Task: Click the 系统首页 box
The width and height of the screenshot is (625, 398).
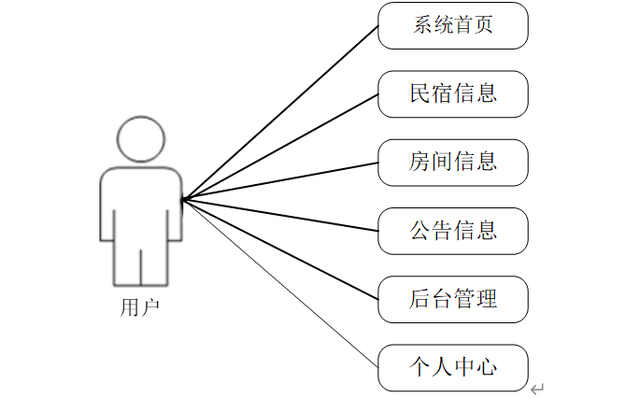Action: coord(453,25)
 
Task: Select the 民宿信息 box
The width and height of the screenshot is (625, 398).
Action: coord(453,93)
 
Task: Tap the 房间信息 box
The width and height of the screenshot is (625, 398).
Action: coord(453,162)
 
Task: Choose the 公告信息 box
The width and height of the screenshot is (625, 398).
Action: coord(453,230)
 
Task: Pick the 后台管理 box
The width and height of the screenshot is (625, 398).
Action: coord(453,299)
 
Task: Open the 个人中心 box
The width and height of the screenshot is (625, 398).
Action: coord(453,367)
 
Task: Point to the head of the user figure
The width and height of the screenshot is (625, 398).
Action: coord(140,139)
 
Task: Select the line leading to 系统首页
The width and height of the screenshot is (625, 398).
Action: coord(280,111)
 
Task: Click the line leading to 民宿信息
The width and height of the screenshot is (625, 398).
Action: coord(280,146)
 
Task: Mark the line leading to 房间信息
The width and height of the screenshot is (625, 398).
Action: coord(280,180)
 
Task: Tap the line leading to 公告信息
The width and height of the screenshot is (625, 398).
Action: coord(280,214)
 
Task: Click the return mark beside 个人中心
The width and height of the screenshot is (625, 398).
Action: coord(537,388)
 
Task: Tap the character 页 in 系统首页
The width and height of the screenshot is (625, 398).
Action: coord(484,25)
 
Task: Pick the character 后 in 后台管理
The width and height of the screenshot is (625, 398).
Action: coord(420,299)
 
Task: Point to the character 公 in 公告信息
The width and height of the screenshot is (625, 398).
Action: coord(420,230)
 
